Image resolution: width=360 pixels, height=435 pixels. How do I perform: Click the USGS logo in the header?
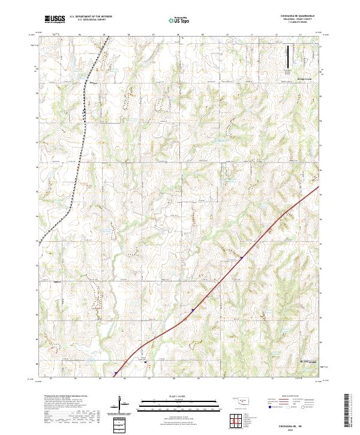55,19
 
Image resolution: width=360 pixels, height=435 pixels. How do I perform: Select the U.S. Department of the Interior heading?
91,16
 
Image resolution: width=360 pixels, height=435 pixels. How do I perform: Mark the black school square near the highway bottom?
145,362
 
